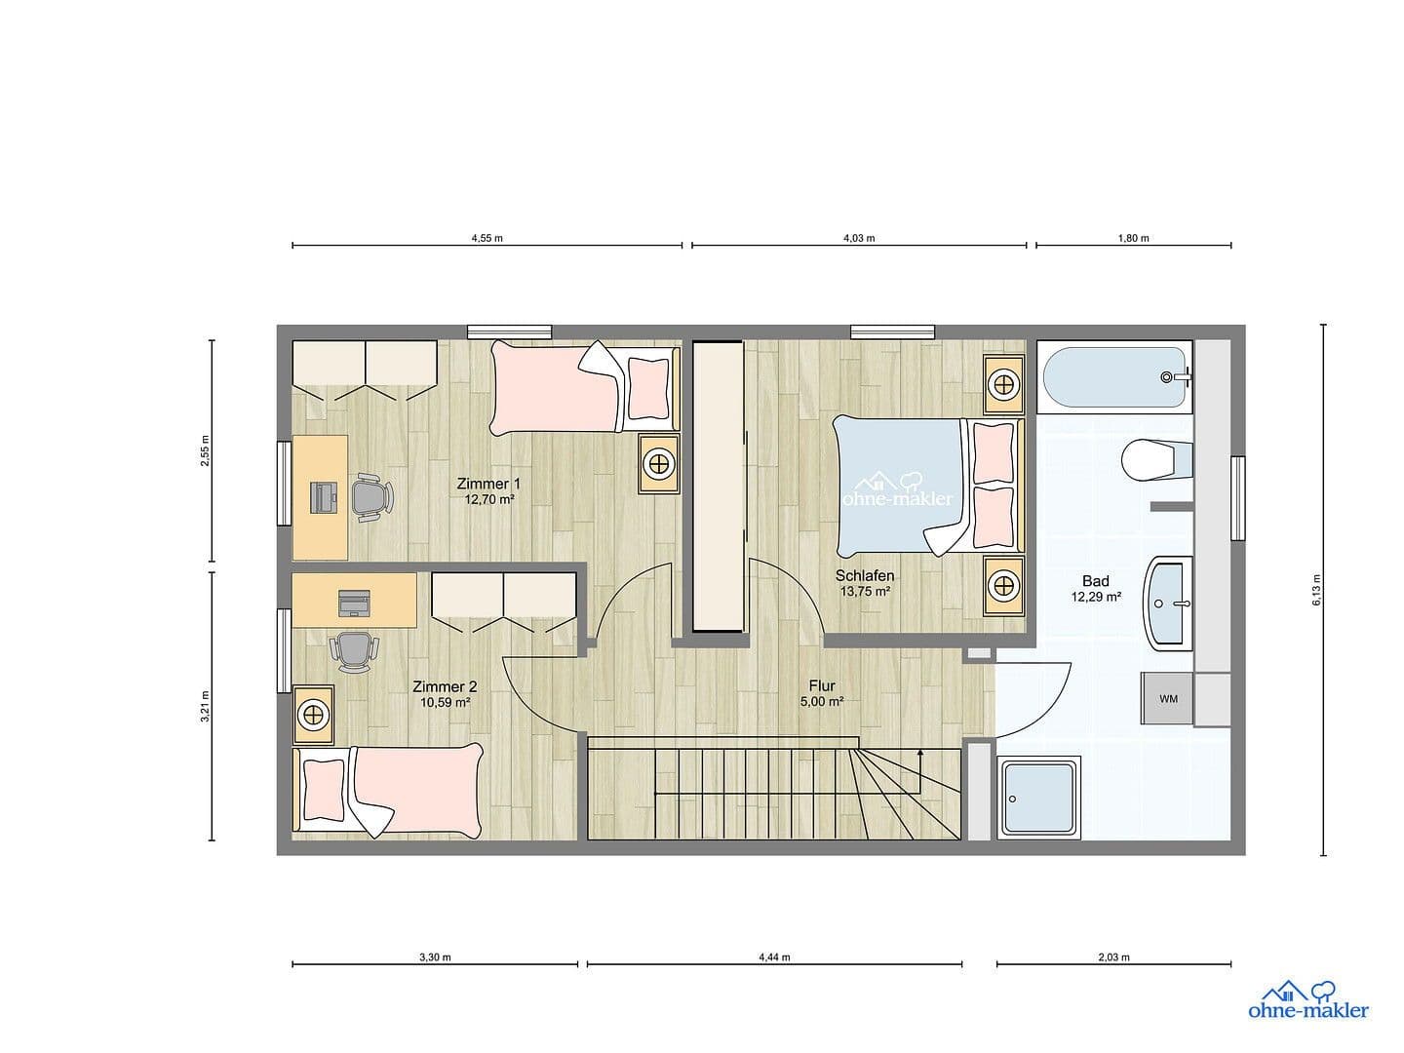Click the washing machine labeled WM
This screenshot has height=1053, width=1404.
(1168, 699)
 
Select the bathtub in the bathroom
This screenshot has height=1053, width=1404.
(1114, 376)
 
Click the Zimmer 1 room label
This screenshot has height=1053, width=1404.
(488, 484)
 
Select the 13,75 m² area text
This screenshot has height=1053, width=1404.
(864, 591)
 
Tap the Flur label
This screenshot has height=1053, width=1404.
(822, 685)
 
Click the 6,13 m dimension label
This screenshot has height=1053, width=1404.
(1316, 590)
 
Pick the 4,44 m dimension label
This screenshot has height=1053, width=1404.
(774, 956)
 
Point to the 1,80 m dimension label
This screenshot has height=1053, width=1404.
(1133, 238)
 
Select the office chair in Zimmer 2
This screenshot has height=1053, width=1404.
(353, 651)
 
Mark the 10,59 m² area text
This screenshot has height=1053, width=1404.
(446, 701)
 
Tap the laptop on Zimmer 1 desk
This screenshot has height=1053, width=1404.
(323, 496)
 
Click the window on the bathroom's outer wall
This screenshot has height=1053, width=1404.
(1238, 498)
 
